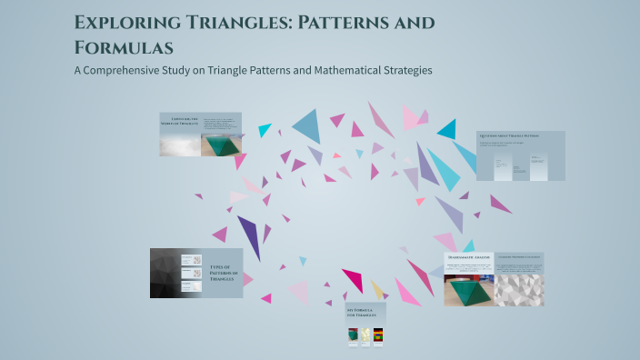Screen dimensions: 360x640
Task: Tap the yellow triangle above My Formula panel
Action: [377, 289]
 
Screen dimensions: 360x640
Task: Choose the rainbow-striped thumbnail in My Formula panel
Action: [379, 335]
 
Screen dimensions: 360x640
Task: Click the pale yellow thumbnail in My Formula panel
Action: [365, 335]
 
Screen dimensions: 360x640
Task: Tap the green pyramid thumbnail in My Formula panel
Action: [352, 335]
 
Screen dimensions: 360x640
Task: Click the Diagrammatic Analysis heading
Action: [469, 257]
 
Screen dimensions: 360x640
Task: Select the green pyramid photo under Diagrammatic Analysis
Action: [469, 285]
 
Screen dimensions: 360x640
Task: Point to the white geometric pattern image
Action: [519, 285]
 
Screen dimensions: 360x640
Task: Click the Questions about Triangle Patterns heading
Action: [509, 135]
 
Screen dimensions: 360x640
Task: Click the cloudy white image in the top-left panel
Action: [180, 145]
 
